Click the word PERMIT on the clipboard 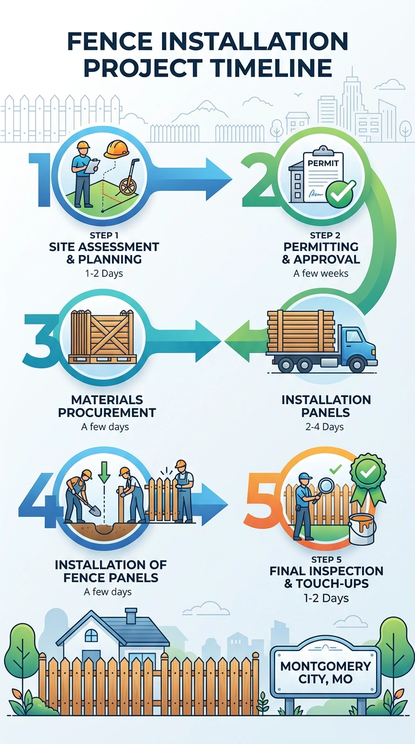(x=323, y=163)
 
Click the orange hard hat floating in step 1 (x=116, y=149)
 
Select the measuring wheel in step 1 (x=129, y=178)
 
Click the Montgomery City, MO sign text (x=325, y=672)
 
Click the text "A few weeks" (x=321, y=274)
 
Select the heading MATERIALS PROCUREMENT (x=107, y=406)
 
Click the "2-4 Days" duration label (x=324, y=427)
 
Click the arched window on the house (x=91, y=636)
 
